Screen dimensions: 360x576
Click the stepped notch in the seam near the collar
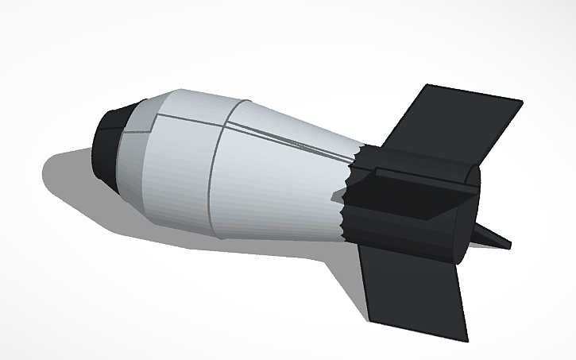153,119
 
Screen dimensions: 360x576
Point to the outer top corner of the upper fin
521,102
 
